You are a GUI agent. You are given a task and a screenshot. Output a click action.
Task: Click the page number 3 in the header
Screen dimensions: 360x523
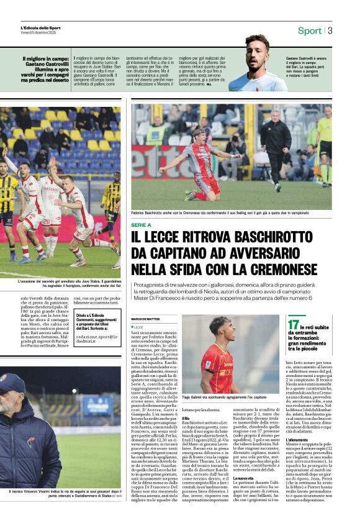[x=330, y=30]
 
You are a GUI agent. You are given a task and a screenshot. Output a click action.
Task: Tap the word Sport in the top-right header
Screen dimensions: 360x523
[x=309, y=30]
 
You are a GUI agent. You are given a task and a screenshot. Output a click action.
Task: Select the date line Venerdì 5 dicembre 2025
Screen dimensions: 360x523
[x=38, y=33]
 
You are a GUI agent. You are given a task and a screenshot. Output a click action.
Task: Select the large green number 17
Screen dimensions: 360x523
[x=293, y=324]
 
